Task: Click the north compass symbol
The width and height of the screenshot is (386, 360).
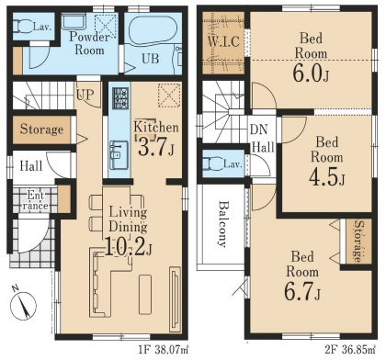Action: coord(23,305)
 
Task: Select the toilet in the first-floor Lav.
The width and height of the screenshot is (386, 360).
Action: coord(23,27)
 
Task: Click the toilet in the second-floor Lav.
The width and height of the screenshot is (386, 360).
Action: coord(214,163)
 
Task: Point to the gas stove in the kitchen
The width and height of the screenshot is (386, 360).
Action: coord(120,98)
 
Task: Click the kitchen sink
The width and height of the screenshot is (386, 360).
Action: coord(119,154)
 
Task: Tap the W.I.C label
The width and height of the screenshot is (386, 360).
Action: coord(223,41)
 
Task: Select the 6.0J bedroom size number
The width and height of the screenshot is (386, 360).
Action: coord(311,74)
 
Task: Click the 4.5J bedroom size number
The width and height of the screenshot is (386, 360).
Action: coord(326,177)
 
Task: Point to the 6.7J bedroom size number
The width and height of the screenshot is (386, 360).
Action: coord(302,291)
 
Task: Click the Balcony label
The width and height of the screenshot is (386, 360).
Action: coord(224,224)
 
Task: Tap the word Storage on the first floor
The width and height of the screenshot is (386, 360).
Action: coord(41,129)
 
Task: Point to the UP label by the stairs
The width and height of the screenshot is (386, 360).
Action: coord(85,95)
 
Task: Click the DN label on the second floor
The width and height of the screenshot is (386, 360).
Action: coord(258,129)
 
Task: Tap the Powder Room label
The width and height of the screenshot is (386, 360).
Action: coord(89,43)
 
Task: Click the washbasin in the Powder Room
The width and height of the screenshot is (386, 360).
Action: coord(74,22)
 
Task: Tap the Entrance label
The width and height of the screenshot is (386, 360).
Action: coord(36,200)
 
